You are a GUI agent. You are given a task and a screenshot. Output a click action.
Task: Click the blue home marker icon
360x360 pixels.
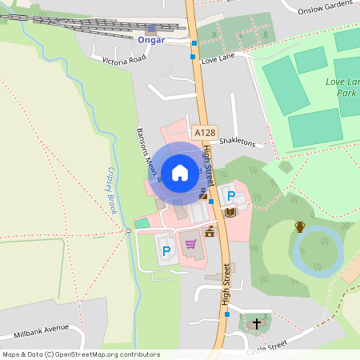point(179,172)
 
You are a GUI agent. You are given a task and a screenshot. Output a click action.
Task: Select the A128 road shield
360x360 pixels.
point(204,132)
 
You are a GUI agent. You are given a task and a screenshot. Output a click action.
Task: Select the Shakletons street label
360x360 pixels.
point(237,142)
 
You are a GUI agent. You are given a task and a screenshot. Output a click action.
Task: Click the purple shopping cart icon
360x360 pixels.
point(190,244)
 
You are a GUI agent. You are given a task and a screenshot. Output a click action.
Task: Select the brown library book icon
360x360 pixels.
point(230,211)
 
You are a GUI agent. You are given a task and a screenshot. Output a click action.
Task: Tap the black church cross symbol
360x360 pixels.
point(257,324)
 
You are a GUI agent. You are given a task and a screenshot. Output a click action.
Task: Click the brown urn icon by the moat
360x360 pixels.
point(299,226)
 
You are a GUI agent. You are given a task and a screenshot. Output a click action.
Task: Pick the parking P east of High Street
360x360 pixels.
point(232,195)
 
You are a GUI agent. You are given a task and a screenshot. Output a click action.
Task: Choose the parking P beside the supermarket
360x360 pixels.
point(166,251)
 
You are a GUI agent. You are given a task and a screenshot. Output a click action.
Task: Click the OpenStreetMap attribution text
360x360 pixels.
point(80,354)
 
